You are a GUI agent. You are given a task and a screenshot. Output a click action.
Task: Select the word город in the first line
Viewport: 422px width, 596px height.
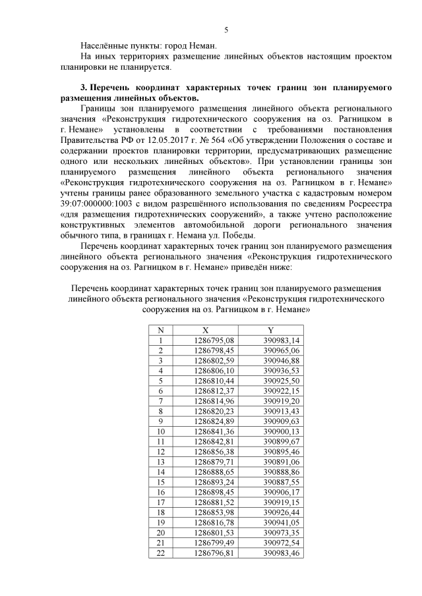[187, 46]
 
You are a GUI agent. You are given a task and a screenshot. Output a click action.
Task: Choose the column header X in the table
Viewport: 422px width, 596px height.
[205, 330]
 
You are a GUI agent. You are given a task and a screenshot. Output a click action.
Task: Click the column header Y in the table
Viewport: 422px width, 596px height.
[270, 330]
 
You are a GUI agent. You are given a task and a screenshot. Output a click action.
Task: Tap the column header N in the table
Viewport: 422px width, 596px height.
[160, 330]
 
